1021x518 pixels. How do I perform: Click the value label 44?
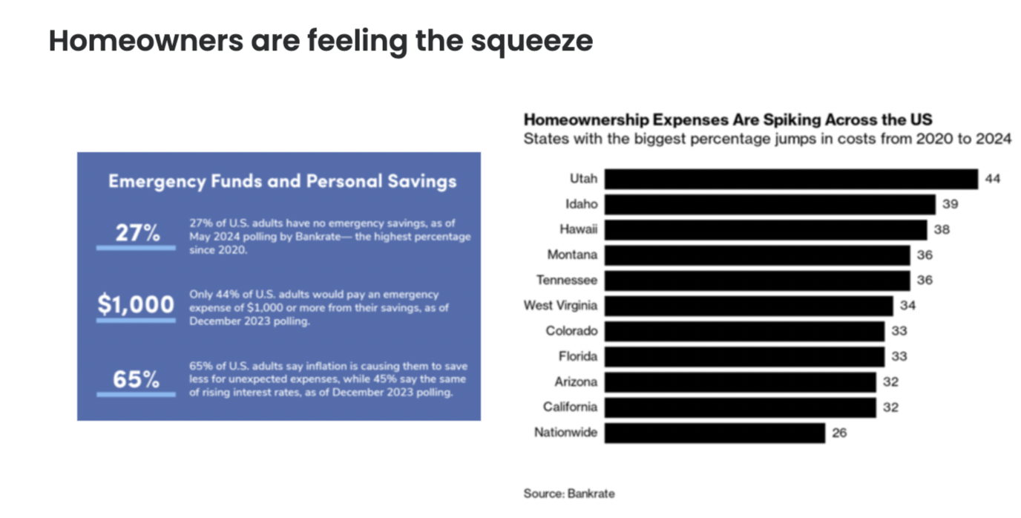[993, 179]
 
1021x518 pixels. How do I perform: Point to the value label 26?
[839, 433]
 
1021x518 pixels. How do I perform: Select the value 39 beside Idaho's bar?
[951, 204]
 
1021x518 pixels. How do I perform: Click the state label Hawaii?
[578, 229]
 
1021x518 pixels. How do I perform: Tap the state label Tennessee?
[567, 281]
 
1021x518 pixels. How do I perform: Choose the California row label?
[569, 407]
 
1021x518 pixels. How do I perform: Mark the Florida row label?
[578, 356]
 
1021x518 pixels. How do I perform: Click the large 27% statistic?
[137, 233]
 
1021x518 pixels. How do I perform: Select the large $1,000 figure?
[136, 304]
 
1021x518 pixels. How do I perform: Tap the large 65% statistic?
[137, 379]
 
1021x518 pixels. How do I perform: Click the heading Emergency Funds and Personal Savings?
[282, 181]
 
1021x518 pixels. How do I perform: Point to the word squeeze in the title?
[531, 41]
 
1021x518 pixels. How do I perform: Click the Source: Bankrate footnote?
[569, 493]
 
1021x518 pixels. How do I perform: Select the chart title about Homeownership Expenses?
[727, 119]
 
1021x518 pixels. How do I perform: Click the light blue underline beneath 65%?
[136, 394]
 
